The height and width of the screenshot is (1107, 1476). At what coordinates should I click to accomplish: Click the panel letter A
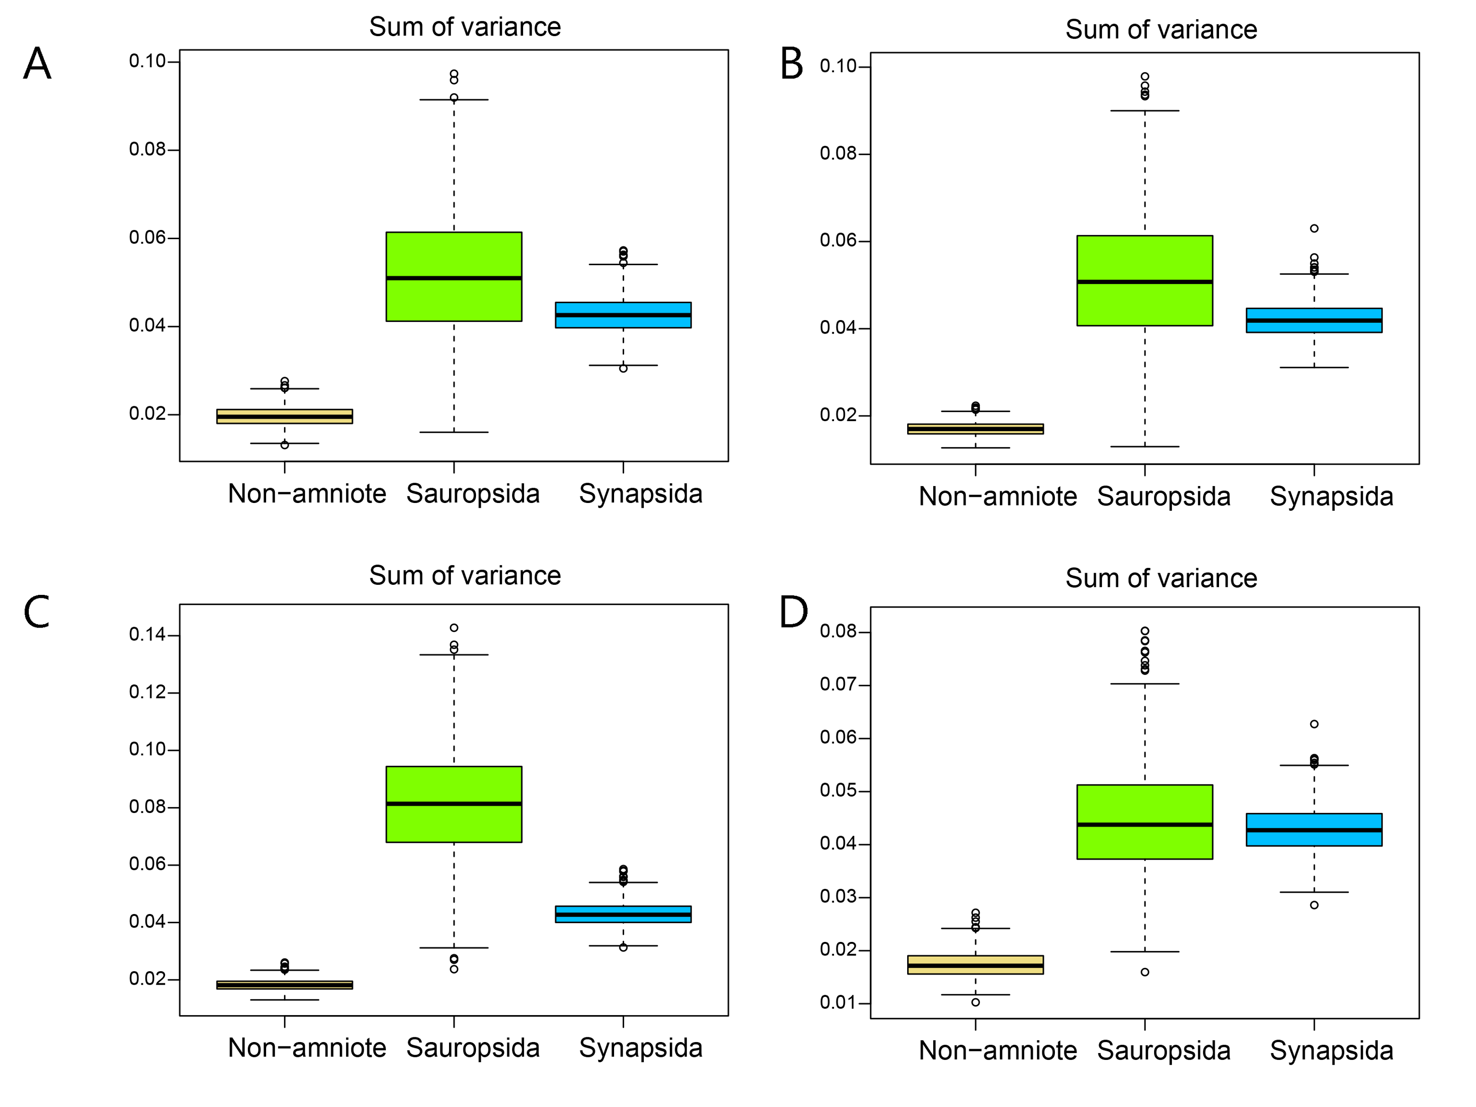point(38,64)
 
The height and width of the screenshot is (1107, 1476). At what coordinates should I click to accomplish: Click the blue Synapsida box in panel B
point(1313,320)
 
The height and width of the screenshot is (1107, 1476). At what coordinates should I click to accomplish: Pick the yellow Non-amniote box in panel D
point(975,965)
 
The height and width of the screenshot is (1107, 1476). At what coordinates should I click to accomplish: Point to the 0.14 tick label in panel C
point(147,634)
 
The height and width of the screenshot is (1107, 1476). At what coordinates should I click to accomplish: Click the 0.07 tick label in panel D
point(838,684)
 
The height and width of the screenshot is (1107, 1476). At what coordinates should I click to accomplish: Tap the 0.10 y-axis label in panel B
point(838,66)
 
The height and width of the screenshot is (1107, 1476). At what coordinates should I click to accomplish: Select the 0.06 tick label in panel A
point(147,238)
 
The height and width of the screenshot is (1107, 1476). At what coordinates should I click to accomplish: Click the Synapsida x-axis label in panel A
point(641,494)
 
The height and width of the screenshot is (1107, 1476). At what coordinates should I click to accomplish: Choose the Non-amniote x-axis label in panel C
point(307,1048)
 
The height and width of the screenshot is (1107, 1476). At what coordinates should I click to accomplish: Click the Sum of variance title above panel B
point(1161,29)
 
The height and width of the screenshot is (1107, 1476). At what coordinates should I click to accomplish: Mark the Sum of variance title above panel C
point(465,575)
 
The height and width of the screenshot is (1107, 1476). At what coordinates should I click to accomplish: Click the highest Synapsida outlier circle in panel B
point(1314,228)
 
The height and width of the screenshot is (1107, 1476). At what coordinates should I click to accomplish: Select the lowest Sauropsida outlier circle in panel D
point(1145,972)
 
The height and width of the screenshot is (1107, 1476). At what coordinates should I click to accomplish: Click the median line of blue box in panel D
point(1313,830)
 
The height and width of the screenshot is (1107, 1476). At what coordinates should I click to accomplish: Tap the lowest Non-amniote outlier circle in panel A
point(285,445)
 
